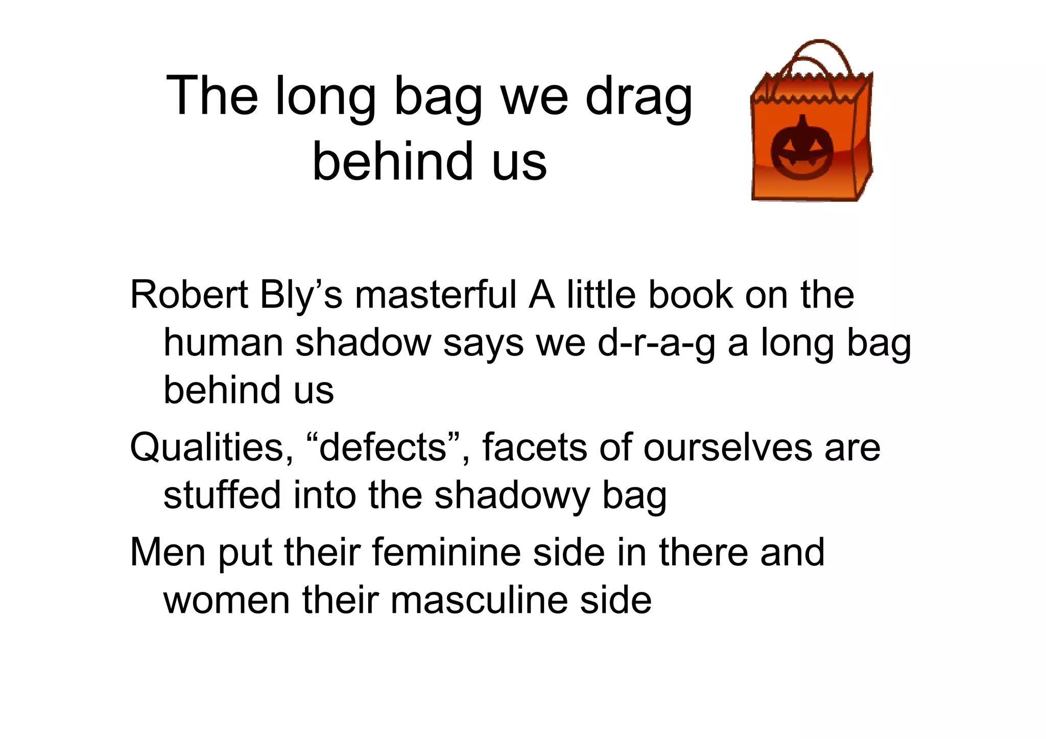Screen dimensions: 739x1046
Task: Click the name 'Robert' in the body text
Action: pos(188,295)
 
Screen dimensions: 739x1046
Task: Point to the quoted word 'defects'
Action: pos(383,447)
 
